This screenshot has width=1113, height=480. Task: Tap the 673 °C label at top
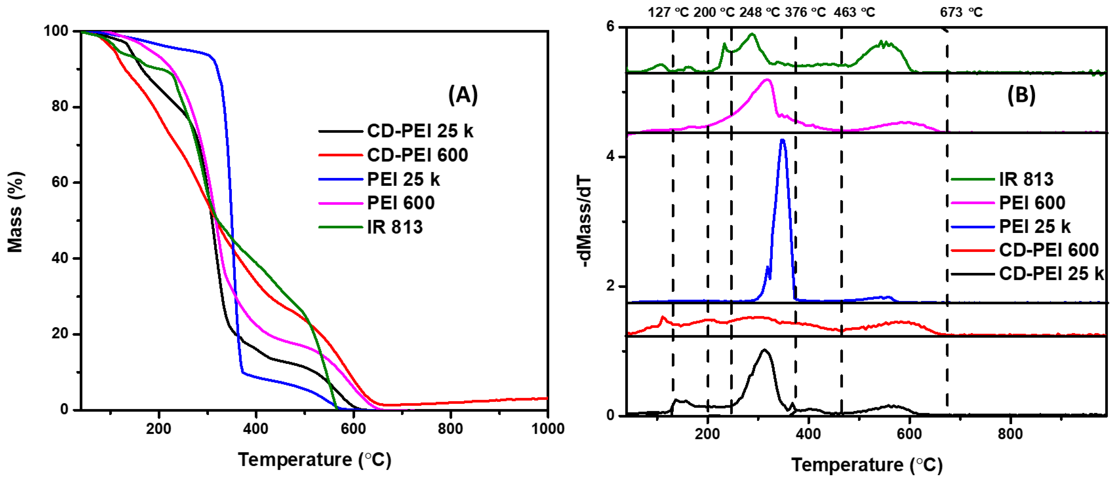(x=961, y=12)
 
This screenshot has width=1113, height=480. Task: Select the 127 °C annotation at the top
(x=668, y=12)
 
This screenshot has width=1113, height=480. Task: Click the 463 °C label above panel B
(x=854, y=12)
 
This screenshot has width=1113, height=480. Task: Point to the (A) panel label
(x=463, y=95)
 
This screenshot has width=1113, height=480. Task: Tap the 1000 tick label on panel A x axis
(x=547, y=429)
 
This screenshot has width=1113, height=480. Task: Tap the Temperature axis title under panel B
(x=866, y=465)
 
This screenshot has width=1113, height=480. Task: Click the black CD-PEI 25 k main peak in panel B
(x=764, y=350)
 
